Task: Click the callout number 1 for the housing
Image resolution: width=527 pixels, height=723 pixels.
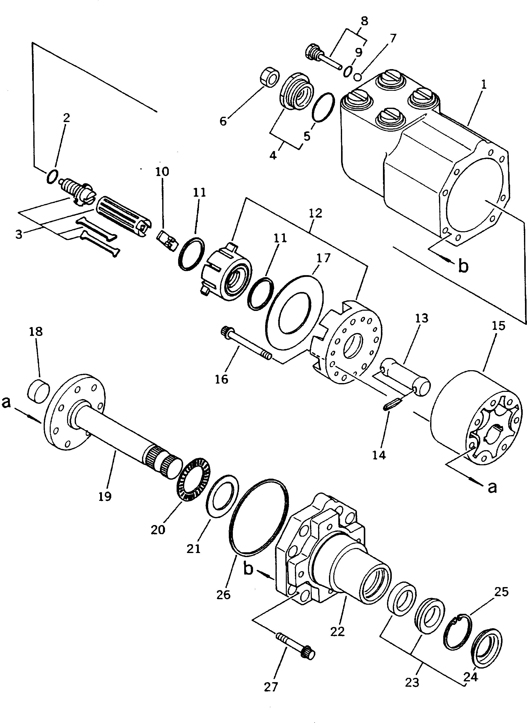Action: pyautogui.click(x=484, y=85)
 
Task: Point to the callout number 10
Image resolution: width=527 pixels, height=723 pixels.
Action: pyautogui.click(x=162, y=172)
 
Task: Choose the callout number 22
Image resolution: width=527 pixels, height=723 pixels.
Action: pyautogui.click(x=338, y=631)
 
